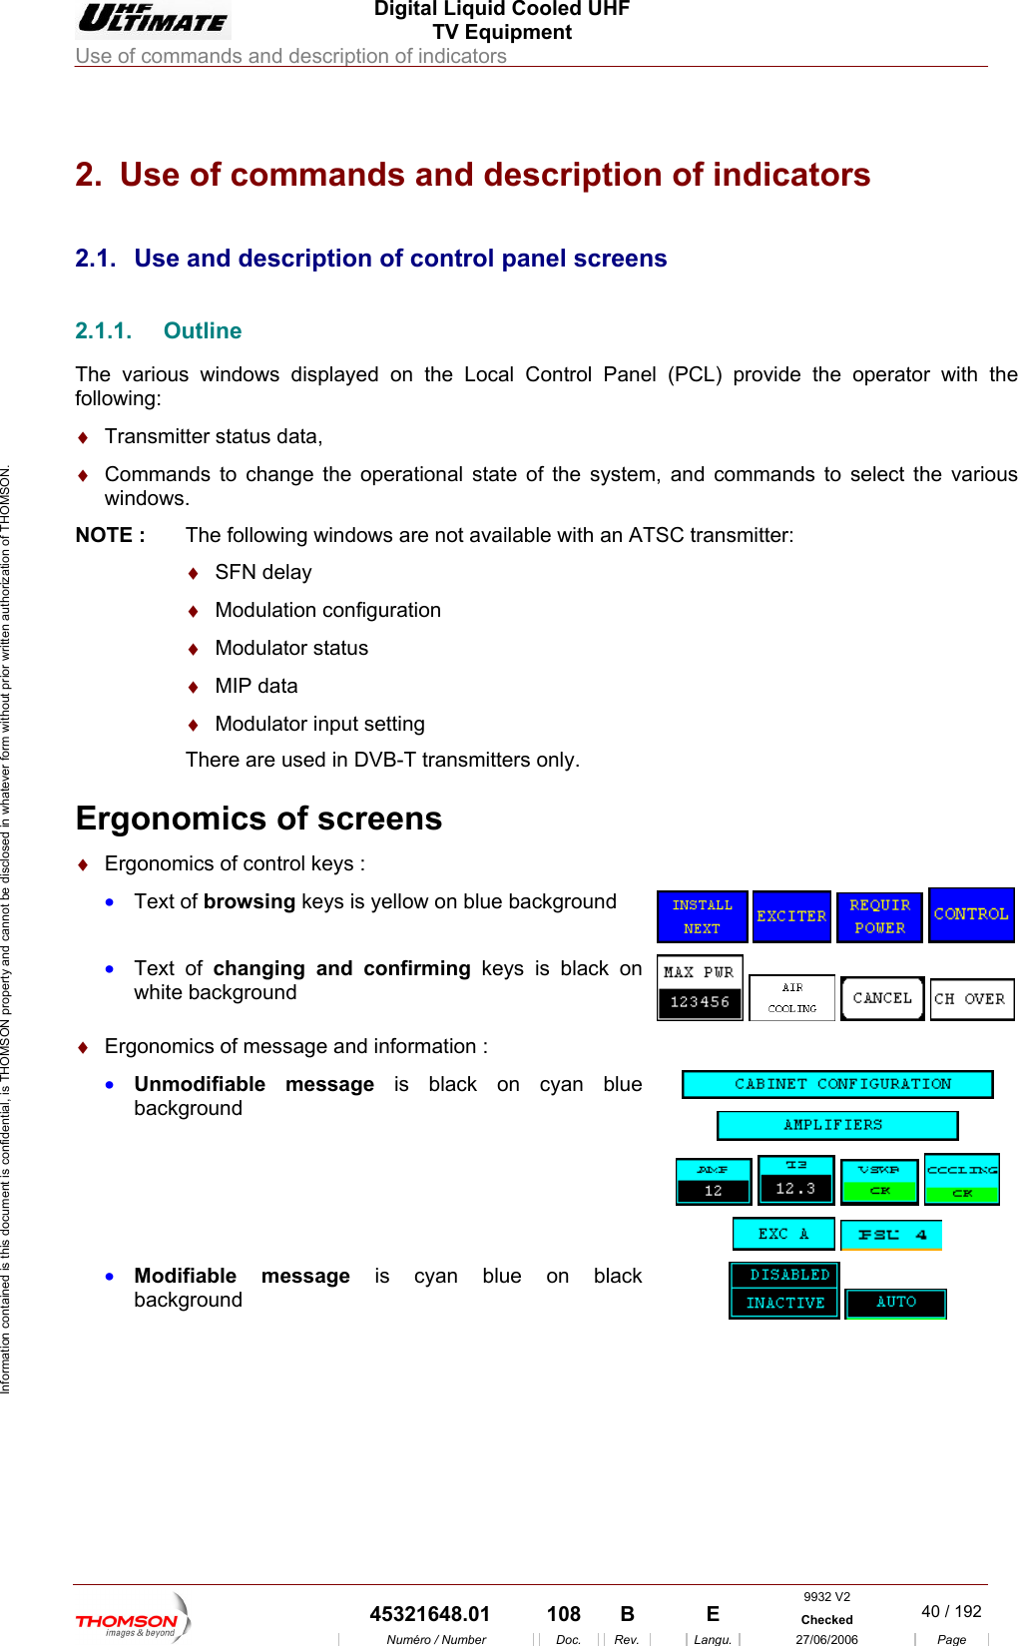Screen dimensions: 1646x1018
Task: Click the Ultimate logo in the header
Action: coord(153,19)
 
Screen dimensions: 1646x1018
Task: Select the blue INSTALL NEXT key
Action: coord(702,916)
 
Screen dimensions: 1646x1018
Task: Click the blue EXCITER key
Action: coord(791,916)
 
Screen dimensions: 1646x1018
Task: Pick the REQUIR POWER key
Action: coord(879,916)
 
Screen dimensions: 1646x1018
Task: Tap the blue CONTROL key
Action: coord(971,914)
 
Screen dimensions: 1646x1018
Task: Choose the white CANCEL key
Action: coord(882,998)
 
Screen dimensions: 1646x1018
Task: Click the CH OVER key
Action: coord(971,999)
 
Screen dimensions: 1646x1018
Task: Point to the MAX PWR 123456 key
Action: coord(700,988)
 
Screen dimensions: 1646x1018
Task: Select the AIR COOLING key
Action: coord(791,997)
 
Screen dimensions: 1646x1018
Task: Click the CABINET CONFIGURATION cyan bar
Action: coord(837,1084)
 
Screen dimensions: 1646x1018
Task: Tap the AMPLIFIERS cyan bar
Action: coord(837,1125)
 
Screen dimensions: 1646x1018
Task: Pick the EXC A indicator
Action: coord(783,1234)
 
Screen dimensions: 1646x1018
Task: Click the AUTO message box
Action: coord(895,1303)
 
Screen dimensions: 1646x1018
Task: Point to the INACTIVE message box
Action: coord(785,1303)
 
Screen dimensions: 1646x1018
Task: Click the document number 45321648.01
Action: coord(430,1614)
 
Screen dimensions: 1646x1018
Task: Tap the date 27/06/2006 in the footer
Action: coord(826,1639)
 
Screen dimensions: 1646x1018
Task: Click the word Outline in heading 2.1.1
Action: coord(203,331)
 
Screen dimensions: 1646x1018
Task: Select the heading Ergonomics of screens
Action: coord(258,819)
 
